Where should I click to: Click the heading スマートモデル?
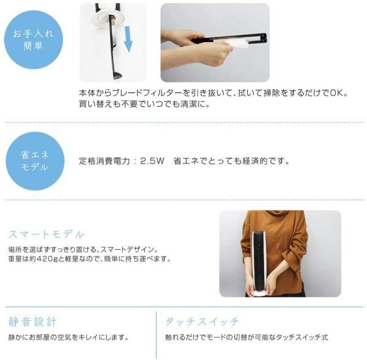(46, 234)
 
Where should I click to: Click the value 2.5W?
(153, 162)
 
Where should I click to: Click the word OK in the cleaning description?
(338, 93)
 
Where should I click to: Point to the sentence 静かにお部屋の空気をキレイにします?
(68, 337)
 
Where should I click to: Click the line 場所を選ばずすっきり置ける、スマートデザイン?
(83, 250)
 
